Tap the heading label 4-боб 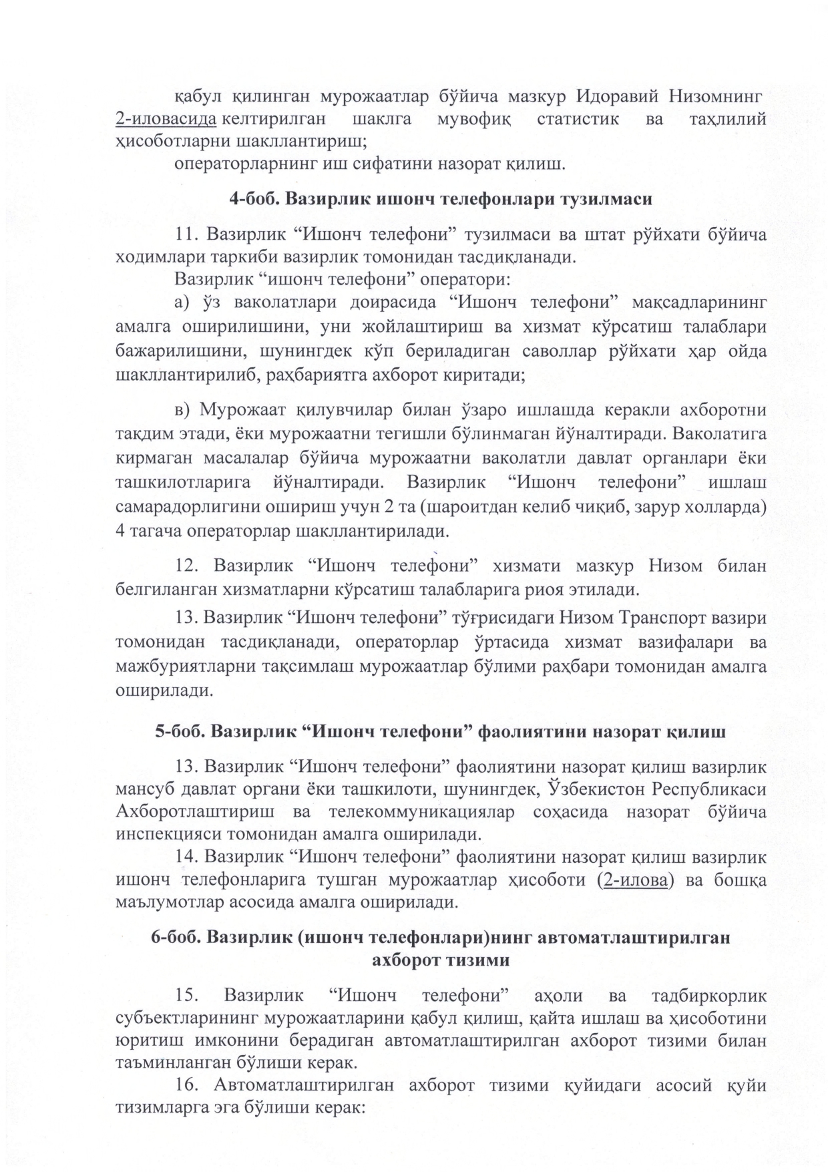[256, 199]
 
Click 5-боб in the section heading [180, 731]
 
